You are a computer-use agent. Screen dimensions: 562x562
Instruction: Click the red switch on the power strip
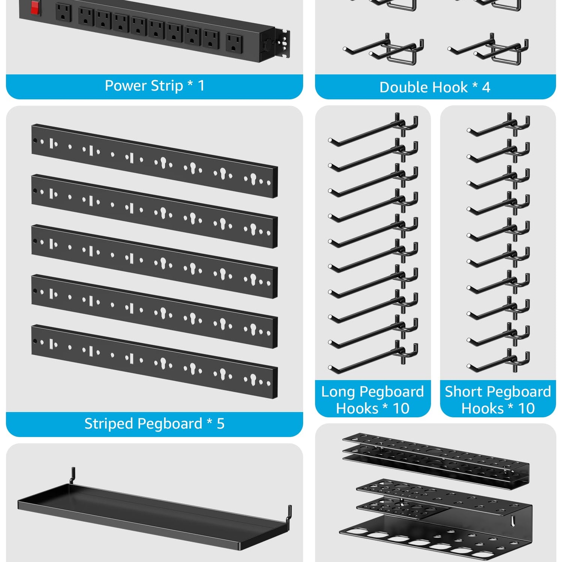click(x=35, y=7)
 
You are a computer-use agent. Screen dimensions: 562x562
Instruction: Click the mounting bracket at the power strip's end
click(x=282, y=43)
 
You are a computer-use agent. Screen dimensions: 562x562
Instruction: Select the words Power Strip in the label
click(x=144, y=86)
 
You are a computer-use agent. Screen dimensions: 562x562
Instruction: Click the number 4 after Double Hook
click(x=486, y=88)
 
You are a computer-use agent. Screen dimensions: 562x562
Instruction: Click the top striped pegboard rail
click(x=154, y=161)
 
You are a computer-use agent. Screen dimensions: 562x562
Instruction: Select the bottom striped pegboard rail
click(x=154, y=361)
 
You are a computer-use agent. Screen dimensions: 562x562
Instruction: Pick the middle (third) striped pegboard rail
click(x=154, y=261)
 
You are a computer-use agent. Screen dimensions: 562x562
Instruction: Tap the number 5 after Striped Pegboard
click(x=221, y=424)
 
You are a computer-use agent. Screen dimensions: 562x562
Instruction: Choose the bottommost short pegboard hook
click(x=498, y=361)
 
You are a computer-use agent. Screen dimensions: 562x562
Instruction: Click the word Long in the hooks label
click(x=338, y=392)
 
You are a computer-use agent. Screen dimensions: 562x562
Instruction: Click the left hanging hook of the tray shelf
click(x=73, y=475)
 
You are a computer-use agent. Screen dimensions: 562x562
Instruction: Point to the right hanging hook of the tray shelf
click(x=289, y=514)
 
